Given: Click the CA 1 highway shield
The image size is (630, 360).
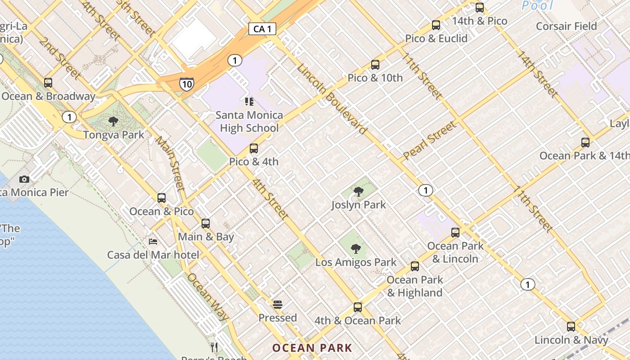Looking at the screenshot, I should [262, 29].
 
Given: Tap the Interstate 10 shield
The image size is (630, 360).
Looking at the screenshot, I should [187, 84].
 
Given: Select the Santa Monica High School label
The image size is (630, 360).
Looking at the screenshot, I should [249, 121].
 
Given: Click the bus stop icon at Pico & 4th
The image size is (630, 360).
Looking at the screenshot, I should [254, 148].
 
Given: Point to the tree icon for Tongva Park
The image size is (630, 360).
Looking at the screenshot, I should [113, 121].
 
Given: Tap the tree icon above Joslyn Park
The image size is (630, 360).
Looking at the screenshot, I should [359, 192].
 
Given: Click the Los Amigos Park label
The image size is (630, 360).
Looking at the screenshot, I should [355, 262].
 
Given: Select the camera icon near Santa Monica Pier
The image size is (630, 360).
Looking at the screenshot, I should [24, 180].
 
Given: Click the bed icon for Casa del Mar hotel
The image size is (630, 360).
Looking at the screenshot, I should [153, 242].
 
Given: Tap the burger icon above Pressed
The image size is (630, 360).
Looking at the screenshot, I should [278, 305].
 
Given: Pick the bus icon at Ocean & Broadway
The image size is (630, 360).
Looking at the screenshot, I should [48, 83].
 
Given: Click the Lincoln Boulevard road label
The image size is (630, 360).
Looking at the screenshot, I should [332, 99].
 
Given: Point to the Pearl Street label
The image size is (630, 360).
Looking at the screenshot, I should [429, 141].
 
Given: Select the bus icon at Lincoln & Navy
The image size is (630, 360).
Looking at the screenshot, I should [571, 327].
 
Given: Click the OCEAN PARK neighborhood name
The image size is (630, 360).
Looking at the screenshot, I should [312, 348].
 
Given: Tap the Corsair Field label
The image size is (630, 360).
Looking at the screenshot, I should [566, 26].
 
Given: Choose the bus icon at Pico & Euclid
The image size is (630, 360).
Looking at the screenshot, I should [436, 25].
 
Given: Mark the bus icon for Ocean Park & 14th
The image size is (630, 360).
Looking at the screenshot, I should [585, 143].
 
